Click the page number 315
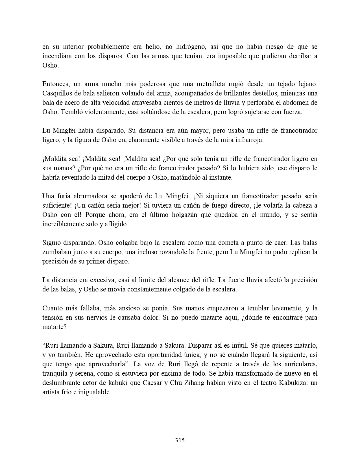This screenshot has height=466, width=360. pyautogui.click(x=180, y=440)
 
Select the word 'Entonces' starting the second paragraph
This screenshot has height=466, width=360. pyautogui.click(x=55, y=84)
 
